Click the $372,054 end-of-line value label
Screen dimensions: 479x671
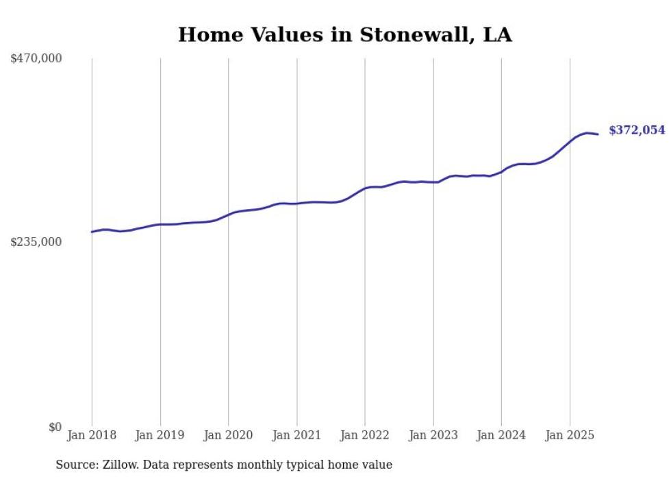(636, 130)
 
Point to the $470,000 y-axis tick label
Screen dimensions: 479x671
(36, 59)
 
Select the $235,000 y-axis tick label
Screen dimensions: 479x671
(36, 242)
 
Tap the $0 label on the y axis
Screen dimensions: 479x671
(55, 427)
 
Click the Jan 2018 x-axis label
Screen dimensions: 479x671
(92, 435)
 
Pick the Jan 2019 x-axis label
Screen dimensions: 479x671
(160, 435)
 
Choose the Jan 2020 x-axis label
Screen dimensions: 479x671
(228, 435)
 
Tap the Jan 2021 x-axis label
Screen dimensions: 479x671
(296, 435)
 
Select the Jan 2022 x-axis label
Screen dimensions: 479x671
(365, 435)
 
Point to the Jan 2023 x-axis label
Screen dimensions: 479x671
(433, 435)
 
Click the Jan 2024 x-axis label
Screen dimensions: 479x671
(501, 435)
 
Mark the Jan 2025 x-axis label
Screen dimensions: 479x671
(569, 435)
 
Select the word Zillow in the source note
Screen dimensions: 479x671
(117, 465)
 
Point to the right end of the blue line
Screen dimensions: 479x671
(598, 134)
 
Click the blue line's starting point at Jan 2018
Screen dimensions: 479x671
(92, 232)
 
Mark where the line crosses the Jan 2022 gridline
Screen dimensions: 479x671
(365, 188)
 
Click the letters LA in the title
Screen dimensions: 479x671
(498, 35)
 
